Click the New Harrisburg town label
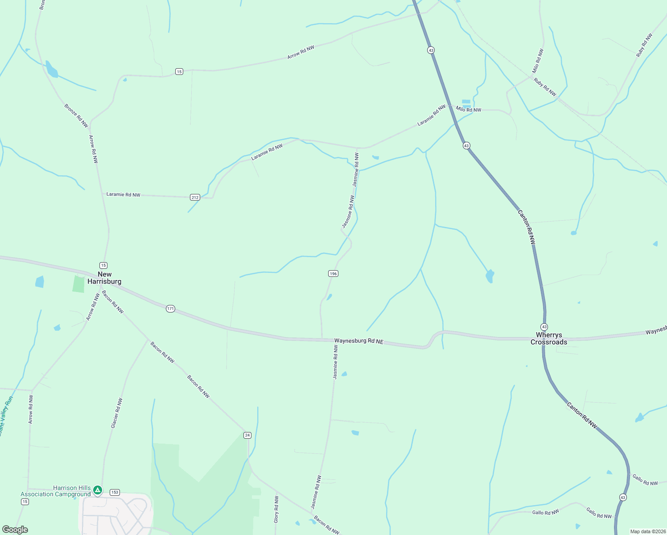click(104, 278)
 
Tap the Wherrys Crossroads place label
click(549, 338)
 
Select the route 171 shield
click(170, 309)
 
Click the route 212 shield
click(195, 198)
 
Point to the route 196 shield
click(333, 273)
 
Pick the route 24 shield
click(247, 435)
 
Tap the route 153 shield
click(115, 492)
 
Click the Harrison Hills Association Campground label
click(56, 491)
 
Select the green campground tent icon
click(98, 490)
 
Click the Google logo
click(15, 529)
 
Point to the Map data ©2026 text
click(647, 531)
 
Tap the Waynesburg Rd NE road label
click(359, 341)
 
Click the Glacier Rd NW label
click(116, 413)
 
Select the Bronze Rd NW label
click(76, 115)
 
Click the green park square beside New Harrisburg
click(78, 284)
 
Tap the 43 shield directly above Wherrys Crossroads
click(544, 327)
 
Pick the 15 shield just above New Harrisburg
click(103, 265)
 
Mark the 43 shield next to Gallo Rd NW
click(623, 497)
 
